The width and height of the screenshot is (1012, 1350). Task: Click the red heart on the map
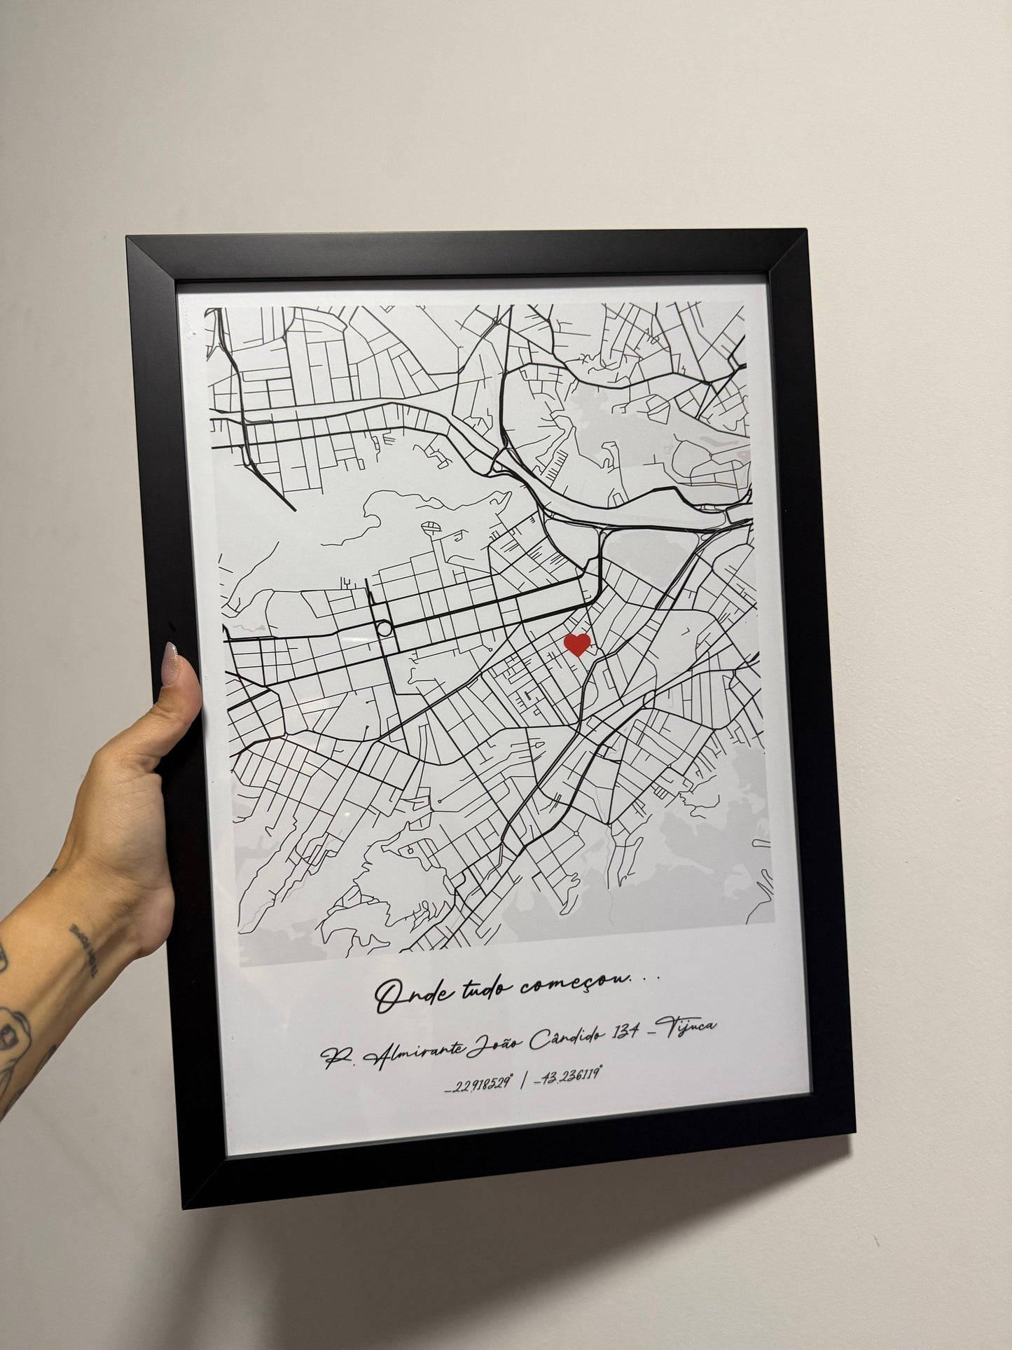577,644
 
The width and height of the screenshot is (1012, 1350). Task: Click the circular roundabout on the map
384,628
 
